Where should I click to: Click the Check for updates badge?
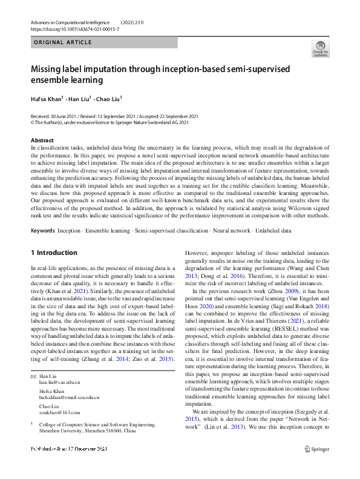pyautogui.click(x=320, y=48)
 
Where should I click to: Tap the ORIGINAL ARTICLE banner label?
pyautogui.click(x=64, y=42)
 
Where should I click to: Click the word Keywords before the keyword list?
pyautogui.click(x=43, y=231)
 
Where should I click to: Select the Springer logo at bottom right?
pyautogui.click(x=316, y=449)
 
